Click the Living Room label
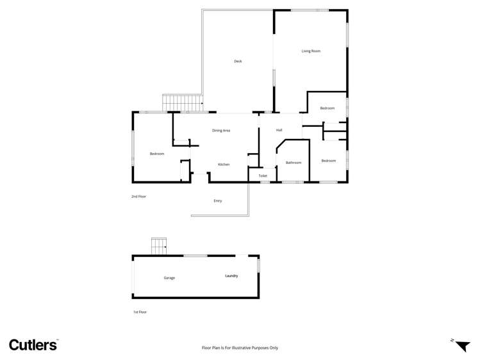[x=311, y=51]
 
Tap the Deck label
[x=238, y=61]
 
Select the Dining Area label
[x=221, y=131]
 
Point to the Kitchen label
[x=224, y=165]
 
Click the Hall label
[x=279, y=131]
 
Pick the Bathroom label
[x=294, y=163]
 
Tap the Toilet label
[x=263, y=176]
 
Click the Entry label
[x=218, y=201]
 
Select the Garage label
[x=169, y=278]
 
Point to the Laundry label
[x=231, y=276]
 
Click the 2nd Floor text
[x=139, y=197]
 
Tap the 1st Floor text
[x=140, y=312]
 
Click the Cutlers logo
[x=33, y=345]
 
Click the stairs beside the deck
[x=183, y=102]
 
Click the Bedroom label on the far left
[x=157, y=154]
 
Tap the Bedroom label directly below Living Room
[x=327, y=108]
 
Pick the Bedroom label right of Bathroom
[x=329, y=161]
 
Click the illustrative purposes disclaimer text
[x=240, y=348]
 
